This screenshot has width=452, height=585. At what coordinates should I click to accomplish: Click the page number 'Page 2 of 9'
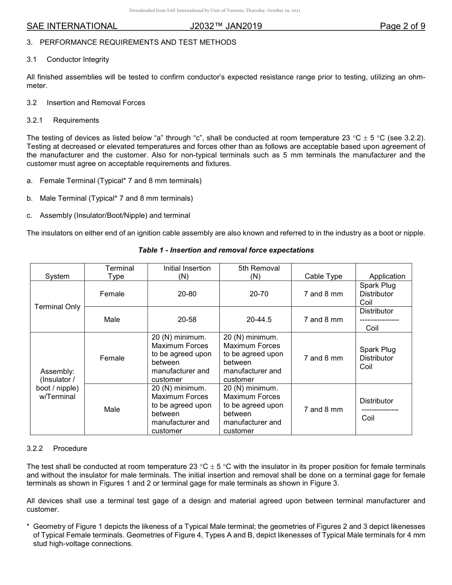pos(402,26)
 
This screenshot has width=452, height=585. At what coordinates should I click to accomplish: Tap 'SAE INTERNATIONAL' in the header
pos(72,26)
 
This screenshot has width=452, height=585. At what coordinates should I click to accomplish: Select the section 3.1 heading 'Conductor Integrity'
pos(78,59)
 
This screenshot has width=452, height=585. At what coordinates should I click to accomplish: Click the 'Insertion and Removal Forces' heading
pos(96,103)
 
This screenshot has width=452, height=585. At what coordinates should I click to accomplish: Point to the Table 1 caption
pos(226,250)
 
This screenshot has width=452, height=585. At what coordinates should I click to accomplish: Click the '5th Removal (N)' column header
pos(255,272)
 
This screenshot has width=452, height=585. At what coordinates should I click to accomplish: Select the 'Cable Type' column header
pos(323,276)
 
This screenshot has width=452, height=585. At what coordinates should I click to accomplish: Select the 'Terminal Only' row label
pos(58,307)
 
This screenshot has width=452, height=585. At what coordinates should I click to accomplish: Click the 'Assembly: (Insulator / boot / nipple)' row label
pos(58,384)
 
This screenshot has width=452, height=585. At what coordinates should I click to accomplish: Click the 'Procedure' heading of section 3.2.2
pos(70,448)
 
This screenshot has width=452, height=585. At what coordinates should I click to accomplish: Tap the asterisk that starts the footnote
pos(29,526)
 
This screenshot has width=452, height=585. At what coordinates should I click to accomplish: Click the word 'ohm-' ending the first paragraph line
pos(414,77)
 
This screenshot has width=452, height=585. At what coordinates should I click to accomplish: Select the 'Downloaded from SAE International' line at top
pos(215,10)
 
